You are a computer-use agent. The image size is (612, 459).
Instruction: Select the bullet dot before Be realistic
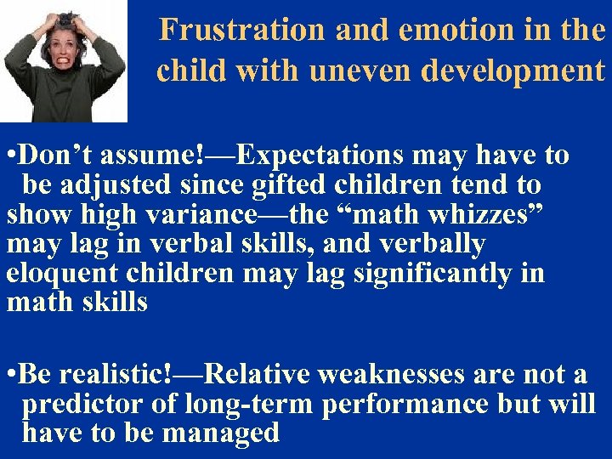(10, 375)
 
